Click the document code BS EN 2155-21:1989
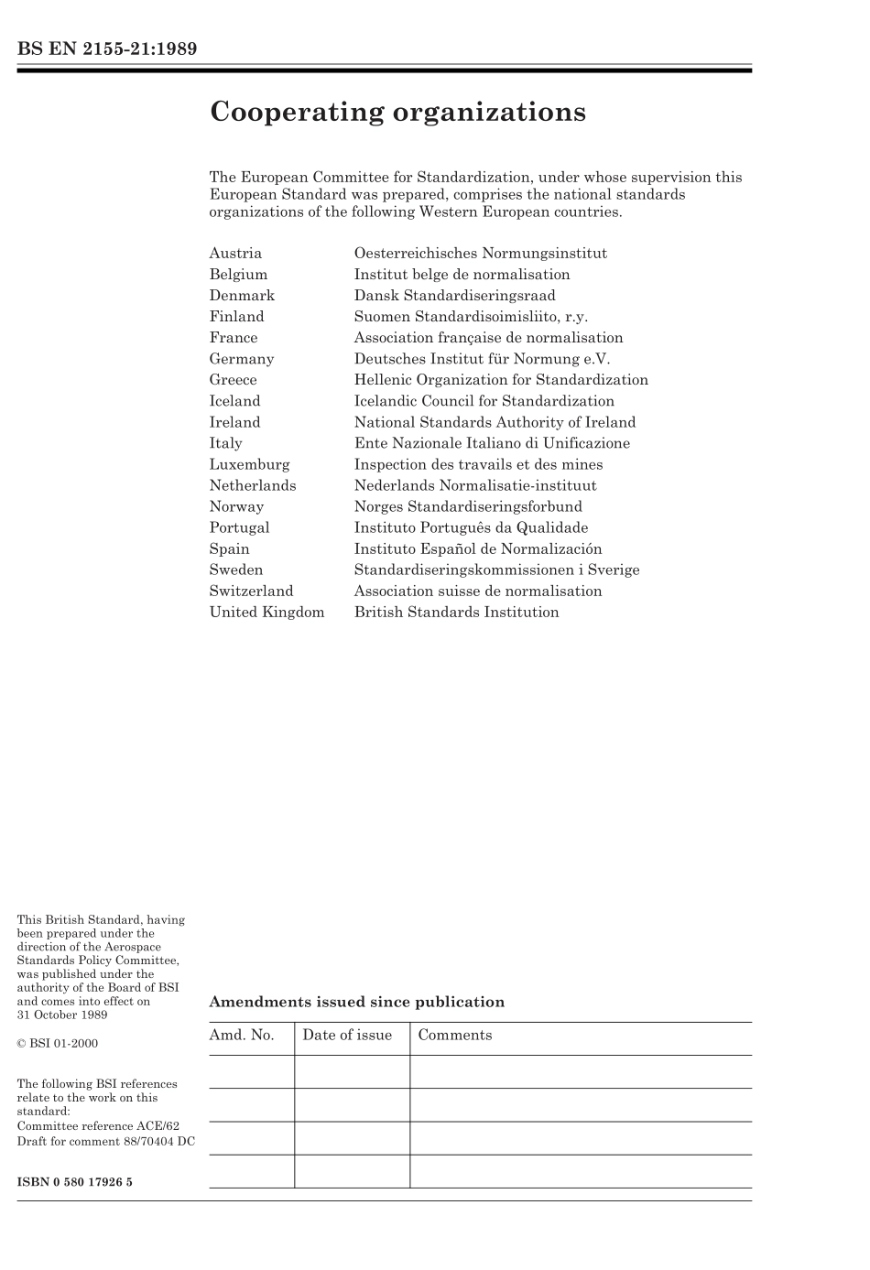(x=107, y=49)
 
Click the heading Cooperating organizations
(x=397, y=112)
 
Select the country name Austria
(x=235, y=254)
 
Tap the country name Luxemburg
(x=249, y=464)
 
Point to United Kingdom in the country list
(x=266, y=613)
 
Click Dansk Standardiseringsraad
(x=454, y=296)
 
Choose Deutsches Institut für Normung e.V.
(x=482, y=359)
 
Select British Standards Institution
(x=456, y=613)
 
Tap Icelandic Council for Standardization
(x=484, y=401)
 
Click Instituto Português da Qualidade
(x=471, y=527)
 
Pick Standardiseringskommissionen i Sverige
(x=496, y=570)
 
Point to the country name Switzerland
(x=251, y=592)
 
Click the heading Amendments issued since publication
(x=356, y=1002)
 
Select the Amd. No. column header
(x=242, y=1036)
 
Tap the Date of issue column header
(x=347, y=1036)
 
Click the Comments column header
(x=455, y=1036)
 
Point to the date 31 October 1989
(x=62, y=1015)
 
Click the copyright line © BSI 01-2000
(x=57, y=1044)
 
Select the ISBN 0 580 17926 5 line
(x=74, y=1182)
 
